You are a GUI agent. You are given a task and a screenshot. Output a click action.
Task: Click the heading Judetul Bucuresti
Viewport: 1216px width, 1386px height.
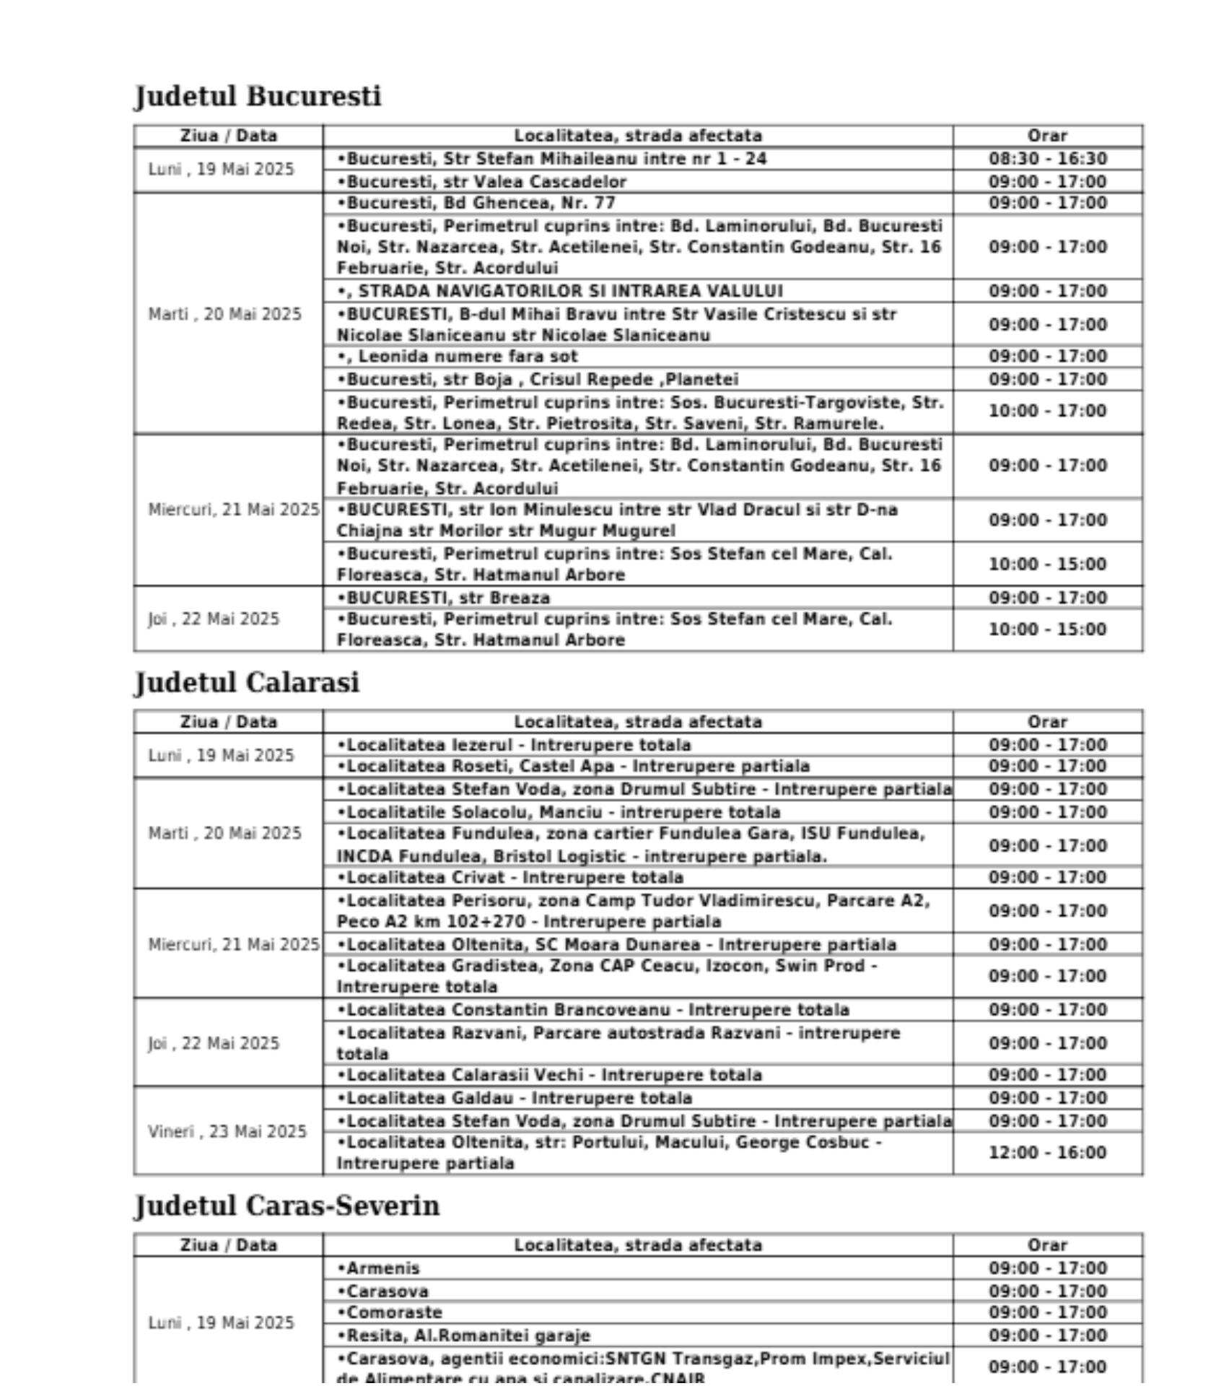click(x=258, y=96)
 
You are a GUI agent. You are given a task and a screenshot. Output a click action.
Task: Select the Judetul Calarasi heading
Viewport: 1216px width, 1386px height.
click(x=247, y=682)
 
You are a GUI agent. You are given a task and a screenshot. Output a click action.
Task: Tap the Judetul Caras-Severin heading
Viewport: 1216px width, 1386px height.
click(x=287, y=1206)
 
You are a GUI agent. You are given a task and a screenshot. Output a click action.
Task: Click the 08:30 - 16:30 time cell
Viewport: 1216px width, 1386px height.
click(x=1047, y=159)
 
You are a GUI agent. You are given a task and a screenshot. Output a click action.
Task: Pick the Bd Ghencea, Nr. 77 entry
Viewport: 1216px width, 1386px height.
click(x=476, y=203)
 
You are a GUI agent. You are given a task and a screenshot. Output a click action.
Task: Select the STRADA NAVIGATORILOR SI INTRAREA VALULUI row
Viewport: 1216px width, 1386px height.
click(x=560, y=291)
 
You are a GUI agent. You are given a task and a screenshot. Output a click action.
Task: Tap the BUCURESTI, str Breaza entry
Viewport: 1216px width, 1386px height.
click(x=444, y=598)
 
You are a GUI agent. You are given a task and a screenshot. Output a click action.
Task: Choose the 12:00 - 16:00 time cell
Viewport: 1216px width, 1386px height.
click(x=1047, y=1152)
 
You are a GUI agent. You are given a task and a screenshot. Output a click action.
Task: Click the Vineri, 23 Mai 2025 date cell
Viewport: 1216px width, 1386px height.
click(x=227, y=1131)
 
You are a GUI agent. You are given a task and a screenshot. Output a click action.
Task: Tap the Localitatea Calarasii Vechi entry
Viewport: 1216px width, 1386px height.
click(x=549, y=1075)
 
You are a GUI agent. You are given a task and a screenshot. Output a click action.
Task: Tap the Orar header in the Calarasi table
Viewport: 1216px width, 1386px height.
click(x=1047, y=722)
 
